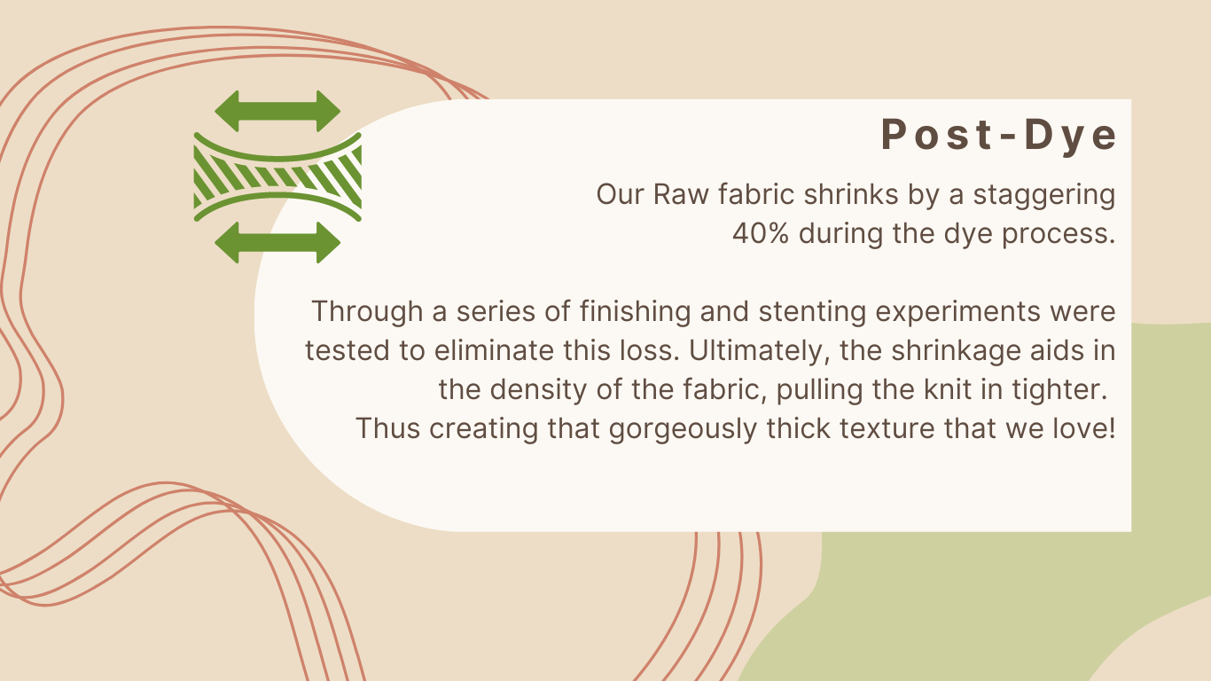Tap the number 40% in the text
click(761, 234)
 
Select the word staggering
click(1044, 195)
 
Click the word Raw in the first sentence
click(681, 194)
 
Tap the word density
click(538, 390)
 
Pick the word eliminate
click(494, 351)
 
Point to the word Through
click(367, 312)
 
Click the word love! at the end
click(1084, 428)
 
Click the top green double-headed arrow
click(277, 112)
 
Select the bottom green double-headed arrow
click(277, 243)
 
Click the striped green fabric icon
click(277, 176)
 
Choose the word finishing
click(636, 312)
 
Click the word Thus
click(387, 429)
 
